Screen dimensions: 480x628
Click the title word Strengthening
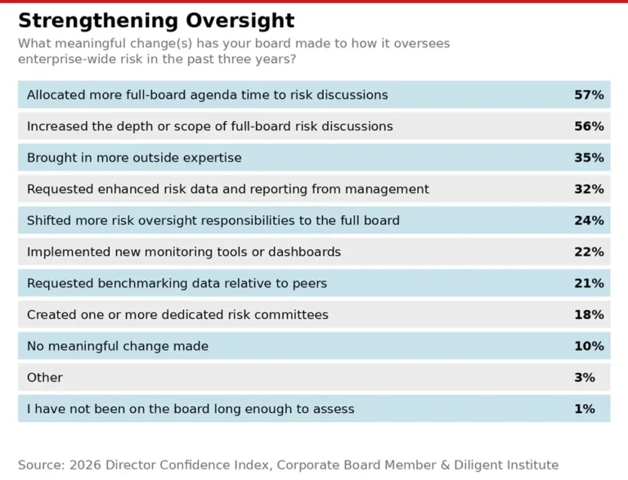point(87,20)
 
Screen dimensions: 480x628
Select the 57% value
point(589,95)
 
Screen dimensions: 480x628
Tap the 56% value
point(589,126)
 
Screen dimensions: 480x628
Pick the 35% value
point(589,158)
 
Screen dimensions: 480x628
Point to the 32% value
point(589,189)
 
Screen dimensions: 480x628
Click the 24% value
point(589,221)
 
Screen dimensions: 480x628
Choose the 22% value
point(589,252)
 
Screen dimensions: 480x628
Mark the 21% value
point(589,284)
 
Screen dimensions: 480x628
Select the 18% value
point(589,315)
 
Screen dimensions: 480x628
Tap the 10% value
point(589,346)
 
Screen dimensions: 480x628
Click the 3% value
point(585,378)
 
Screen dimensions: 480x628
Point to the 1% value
point(585,409)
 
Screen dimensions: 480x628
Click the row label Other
point(44,378)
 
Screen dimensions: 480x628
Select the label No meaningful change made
point(117,346)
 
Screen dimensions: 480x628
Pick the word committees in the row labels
point(289,315)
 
